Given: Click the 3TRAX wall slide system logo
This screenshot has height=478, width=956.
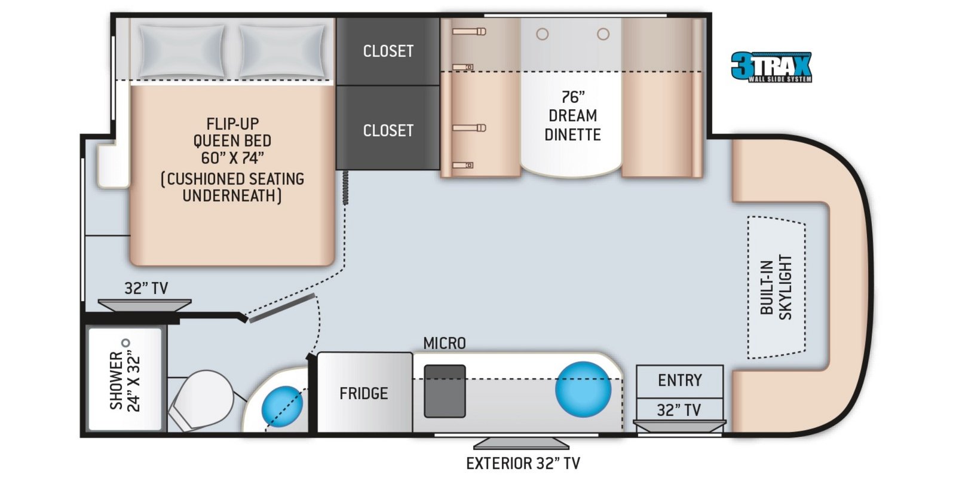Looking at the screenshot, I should pyautogui.click(x=771, y=67).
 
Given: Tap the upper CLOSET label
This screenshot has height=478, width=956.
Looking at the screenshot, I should pyautogui.click(x=388, y=51).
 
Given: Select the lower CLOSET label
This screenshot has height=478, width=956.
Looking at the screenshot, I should pyautogui.click(x=388, y=130).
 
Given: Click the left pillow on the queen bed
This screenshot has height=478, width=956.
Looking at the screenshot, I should pyautogui.click(x=177, y=51).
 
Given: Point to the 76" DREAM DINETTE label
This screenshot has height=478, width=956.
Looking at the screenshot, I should pyautogui.click(x=572, y=115).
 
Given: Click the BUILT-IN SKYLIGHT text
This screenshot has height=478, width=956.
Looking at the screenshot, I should pyautogui.click(x=776, y=287).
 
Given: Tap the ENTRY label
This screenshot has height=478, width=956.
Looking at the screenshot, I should pyautogui.click(x=679, y=381).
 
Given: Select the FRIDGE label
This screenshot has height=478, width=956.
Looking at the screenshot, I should pyautogui.click(x=363, y=393).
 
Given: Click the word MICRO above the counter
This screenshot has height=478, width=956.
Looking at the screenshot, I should pyautogui.click(x=444, y=344).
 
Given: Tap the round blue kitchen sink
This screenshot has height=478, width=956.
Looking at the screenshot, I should pyautogui.click(x=583, y=389).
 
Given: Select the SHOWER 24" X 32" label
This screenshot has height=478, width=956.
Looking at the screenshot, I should pyautogui.click(x=125, y=381).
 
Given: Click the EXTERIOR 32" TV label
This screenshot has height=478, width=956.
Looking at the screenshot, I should pyautogui.click(x=523, y=463).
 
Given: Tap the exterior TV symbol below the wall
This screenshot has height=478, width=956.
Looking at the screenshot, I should pyautogui.click(x=521, y=443).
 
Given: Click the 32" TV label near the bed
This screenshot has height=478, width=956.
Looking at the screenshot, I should pyautogui.click(x=146, y=288).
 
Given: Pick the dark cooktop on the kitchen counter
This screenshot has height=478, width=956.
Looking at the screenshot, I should pyautogui.click(x=445, y=391).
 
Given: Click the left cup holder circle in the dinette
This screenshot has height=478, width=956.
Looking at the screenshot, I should pyautogui.click(x=542, y=34).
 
